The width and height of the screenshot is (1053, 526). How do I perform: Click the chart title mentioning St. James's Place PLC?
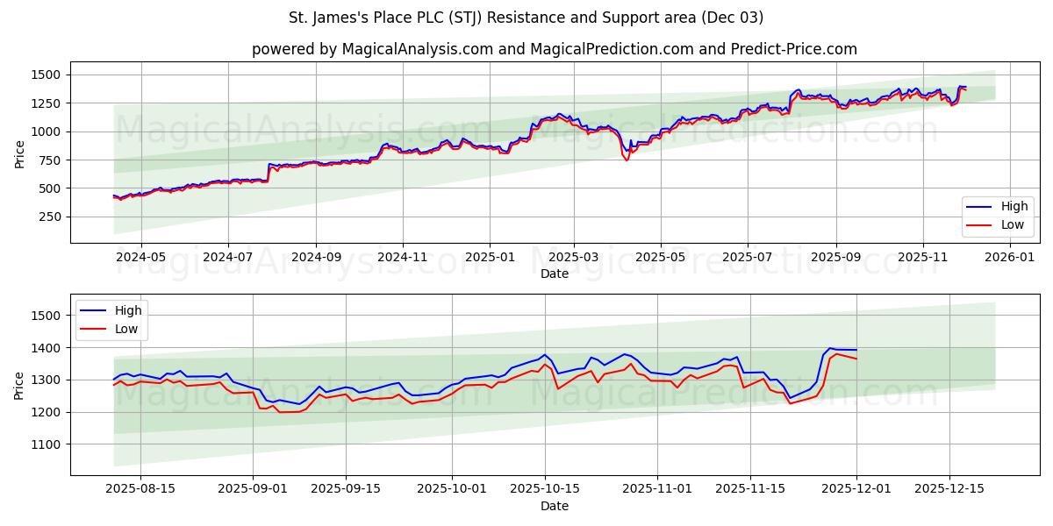click(526, 18)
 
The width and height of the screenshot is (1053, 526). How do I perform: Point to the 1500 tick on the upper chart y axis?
click(46, 75)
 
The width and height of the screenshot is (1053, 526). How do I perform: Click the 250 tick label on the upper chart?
click(49, 217)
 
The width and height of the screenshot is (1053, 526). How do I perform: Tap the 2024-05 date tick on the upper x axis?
click(141, 258)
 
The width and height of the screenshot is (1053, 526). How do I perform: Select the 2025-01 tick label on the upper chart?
click(489, 258)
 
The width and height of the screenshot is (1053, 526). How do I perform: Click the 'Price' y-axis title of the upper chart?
click(19, 153)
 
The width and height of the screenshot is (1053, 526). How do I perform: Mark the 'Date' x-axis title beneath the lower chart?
click(554, 506)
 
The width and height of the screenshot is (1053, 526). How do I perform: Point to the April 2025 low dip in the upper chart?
click(627, 160)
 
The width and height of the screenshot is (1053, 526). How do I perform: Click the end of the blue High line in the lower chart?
click(856, 350)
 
